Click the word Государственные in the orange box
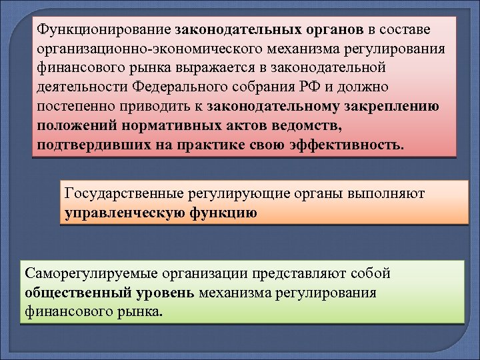123,194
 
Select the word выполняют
387,194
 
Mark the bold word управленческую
119,213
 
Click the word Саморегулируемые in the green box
84,273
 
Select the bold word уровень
168,293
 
